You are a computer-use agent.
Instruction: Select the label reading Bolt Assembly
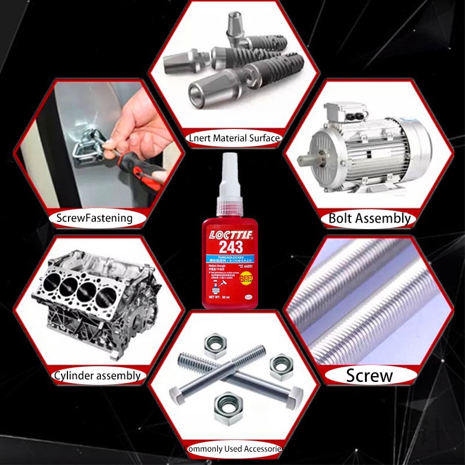coord(370,219)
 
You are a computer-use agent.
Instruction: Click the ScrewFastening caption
coord(94,219)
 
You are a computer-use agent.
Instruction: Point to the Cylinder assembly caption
coord(97,375)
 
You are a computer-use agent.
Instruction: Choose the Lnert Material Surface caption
coord(234,138)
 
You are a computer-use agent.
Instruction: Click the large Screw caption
coord(370,375)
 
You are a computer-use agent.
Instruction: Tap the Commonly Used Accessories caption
coord(234,449)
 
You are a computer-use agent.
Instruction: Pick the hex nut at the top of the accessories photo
coord(216,343)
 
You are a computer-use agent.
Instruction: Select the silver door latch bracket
coord(87,145)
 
